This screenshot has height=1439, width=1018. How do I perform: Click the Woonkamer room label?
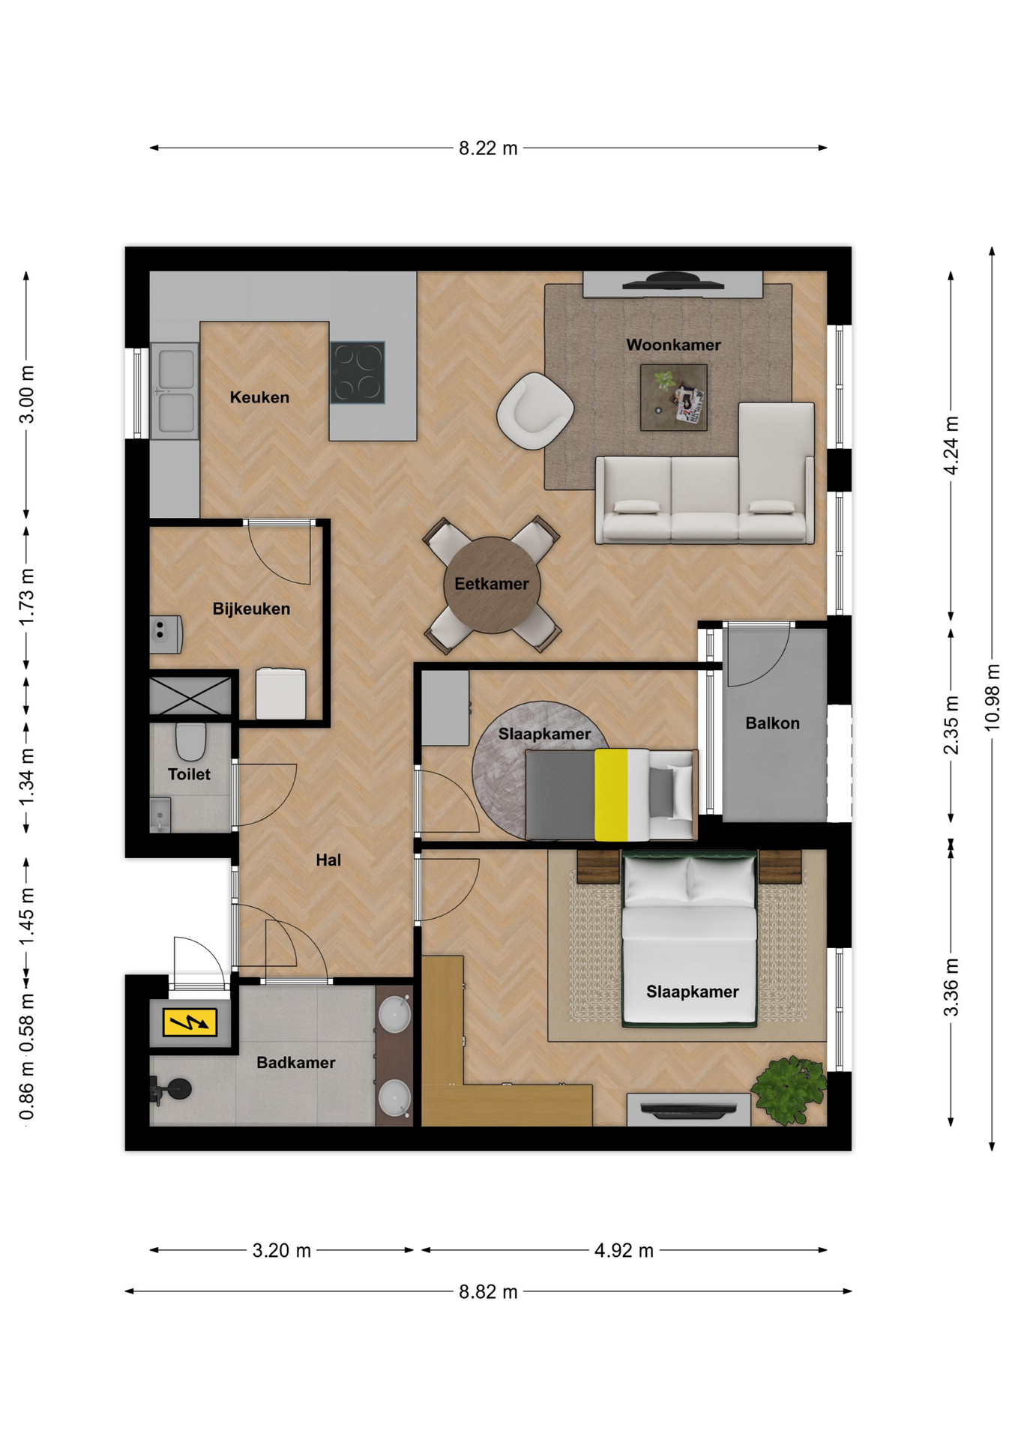click(673, 345)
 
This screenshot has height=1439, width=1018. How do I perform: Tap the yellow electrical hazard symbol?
click(190, 1022)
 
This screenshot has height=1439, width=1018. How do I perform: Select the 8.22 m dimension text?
click(488, 148)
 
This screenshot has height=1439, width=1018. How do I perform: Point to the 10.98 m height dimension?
click(992, 697)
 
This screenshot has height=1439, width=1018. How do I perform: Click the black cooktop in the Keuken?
click(358, 372)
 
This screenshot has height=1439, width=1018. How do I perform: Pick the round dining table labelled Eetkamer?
click(492, 585)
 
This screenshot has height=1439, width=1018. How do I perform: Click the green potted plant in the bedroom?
click(789, 1090)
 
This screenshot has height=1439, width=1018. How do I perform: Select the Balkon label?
click(772, 723)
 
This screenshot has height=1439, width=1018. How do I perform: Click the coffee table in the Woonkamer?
click(673, 397)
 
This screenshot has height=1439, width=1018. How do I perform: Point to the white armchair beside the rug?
click(534, 411)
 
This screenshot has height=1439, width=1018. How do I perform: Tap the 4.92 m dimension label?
click(624, 1250)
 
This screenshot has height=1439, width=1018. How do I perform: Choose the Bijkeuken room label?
click(251, 609)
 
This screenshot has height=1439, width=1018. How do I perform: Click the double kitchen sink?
click(175, 391)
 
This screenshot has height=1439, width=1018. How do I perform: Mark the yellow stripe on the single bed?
click(611, 794)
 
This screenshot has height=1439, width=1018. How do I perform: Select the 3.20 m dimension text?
click(281, 1250)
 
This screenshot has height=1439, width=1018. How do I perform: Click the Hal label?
click(328, 860)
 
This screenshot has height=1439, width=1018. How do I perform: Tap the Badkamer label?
click(295, 1063)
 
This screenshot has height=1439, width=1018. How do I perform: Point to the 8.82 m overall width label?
click(488, 1292)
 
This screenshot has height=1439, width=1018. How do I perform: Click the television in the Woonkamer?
click(672, 282)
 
